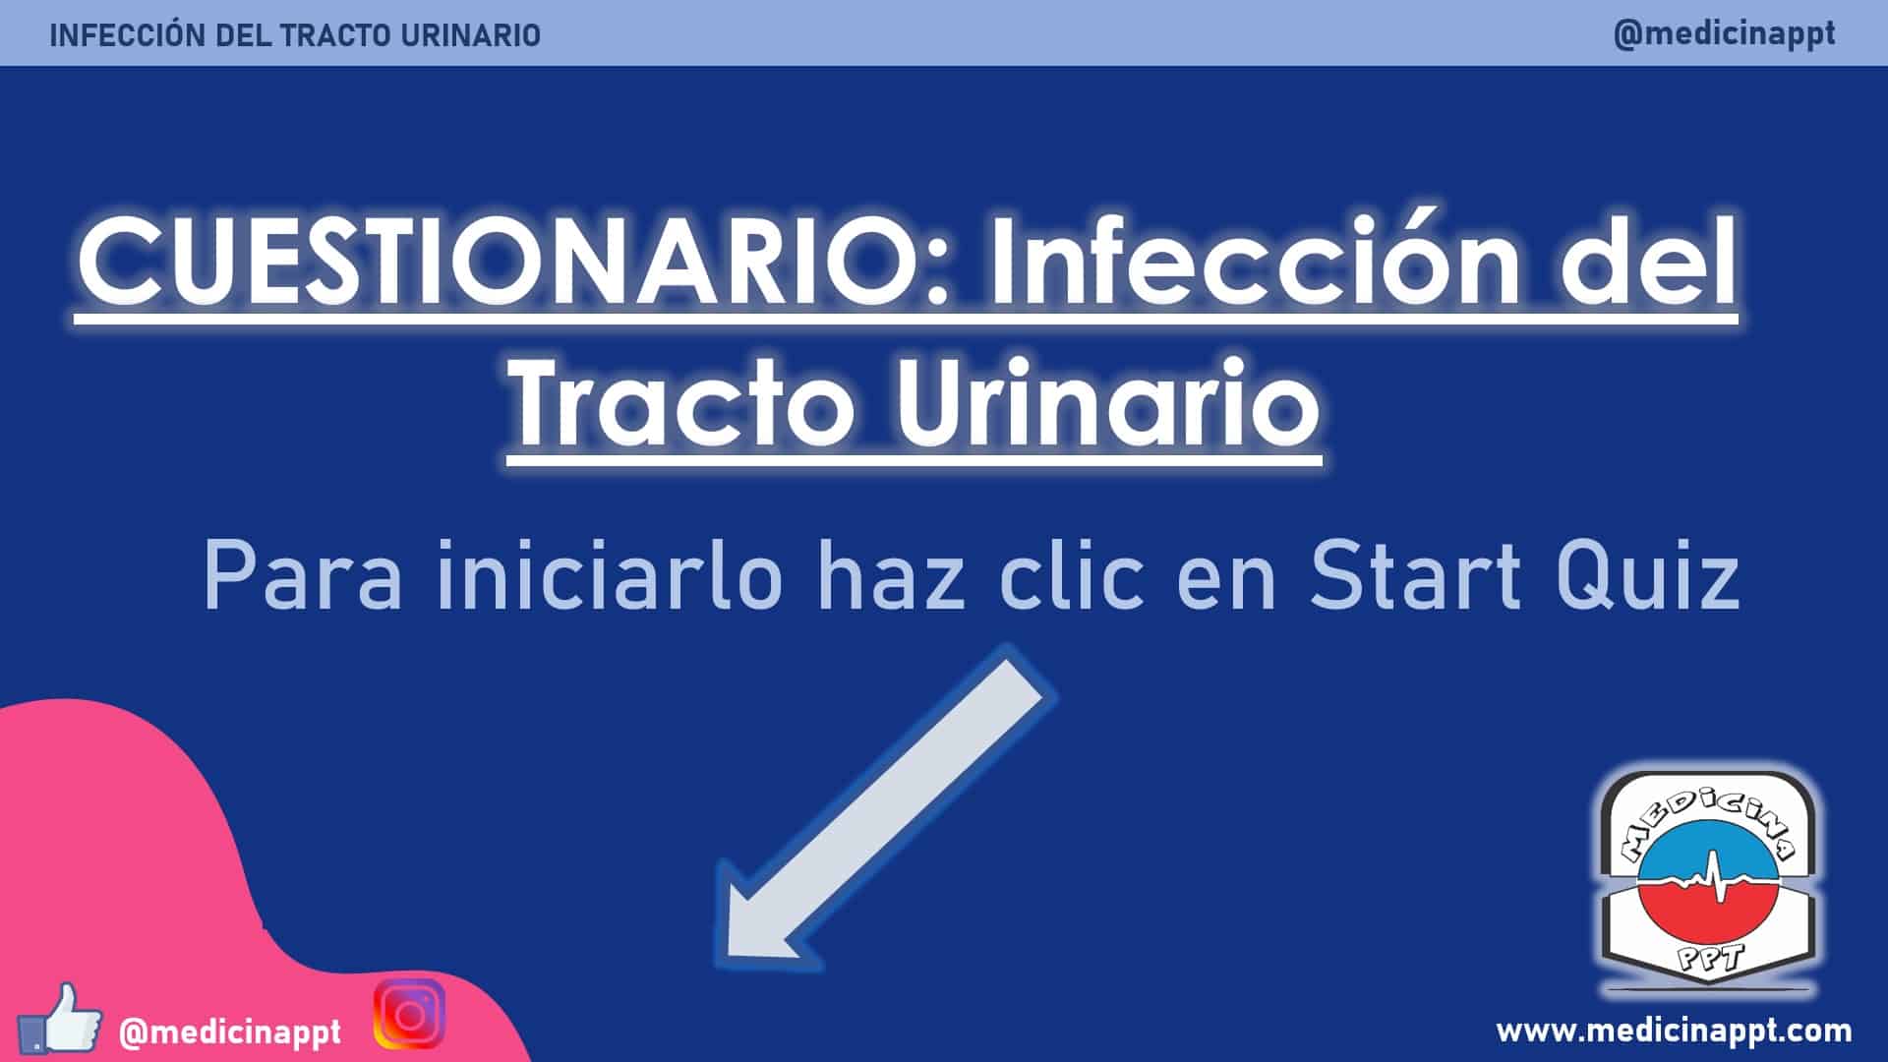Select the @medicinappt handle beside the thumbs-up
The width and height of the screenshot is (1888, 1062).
click(x=230, y=1032)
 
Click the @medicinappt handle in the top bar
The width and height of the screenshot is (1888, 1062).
click(x=1724, y=33)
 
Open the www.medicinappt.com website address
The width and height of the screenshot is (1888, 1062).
click(x=1674, y=1031)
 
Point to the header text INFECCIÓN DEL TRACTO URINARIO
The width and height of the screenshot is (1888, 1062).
click(x=295, y=35)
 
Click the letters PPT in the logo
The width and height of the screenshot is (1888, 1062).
click(x=1710, y=953)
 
